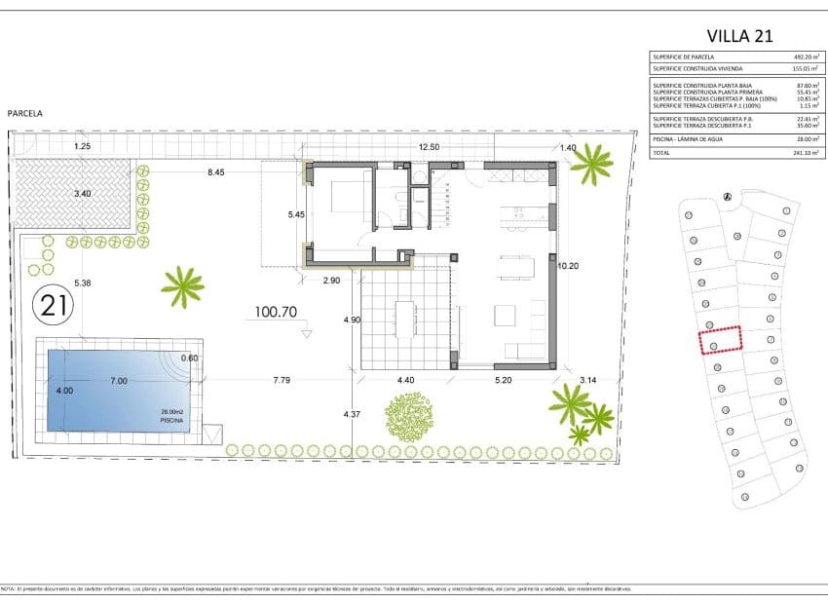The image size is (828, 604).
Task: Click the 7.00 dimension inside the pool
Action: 118,381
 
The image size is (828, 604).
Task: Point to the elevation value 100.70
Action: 275,314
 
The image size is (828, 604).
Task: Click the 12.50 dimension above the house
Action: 429,147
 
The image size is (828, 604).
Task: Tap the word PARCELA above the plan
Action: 24,113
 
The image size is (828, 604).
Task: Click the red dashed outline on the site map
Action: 721,338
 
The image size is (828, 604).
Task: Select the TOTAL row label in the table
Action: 663,153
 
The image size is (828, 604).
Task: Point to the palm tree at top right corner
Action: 591,164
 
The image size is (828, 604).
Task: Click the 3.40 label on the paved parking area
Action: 83,194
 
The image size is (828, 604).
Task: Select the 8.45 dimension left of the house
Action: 215,172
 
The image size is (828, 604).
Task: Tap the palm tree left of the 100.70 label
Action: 182,286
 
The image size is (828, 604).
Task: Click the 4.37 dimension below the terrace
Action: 353,415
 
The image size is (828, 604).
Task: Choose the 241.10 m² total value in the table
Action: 807,153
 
